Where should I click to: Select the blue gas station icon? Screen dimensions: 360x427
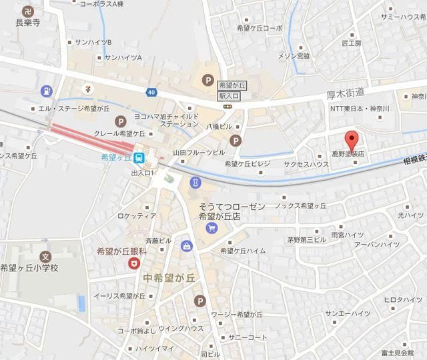point(45,91)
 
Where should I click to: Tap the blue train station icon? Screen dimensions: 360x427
point(138,159)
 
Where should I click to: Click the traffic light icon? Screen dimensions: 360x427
point(228,106)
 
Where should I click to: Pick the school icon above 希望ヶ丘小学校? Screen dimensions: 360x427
point(45,256)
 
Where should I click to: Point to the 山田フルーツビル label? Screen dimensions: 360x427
point(198,153)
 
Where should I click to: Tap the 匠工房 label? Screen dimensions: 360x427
point(351,43)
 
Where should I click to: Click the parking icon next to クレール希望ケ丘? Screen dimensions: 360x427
point(120,121)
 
